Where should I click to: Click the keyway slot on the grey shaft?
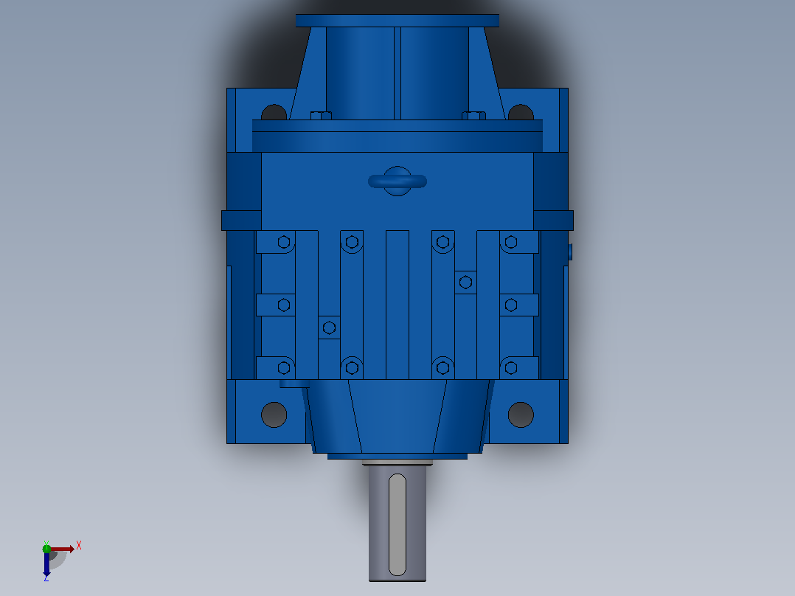[x=397, y=524]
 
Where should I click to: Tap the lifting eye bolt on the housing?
[x=397, y=181]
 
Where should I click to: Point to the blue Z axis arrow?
[x=46, y=564]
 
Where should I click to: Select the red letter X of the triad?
[x=79, y=546]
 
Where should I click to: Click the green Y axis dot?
[x=46, y=548]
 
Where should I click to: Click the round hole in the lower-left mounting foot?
[x=274, y=415]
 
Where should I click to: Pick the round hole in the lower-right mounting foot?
[x=521, y=415]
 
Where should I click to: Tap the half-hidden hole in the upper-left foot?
[x=274, y=113]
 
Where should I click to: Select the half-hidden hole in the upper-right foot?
[x=521, y=113]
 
